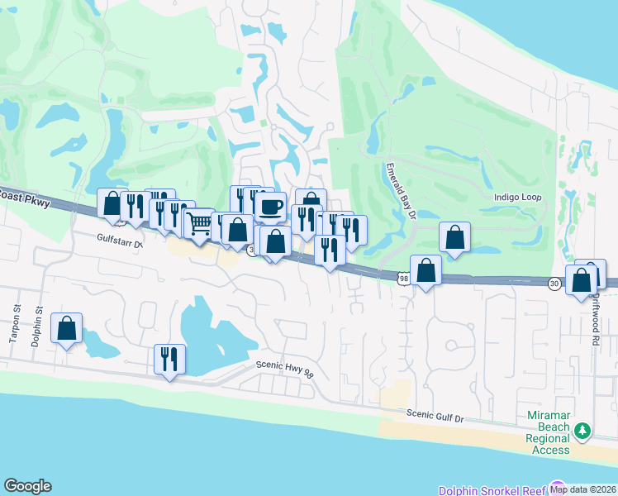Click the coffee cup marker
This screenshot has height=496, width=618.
coord(270,207)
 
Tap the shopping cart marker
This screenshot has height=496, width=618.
coord(199,222)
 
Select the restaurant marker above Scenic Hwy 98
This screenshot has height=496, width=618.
coord(169,359)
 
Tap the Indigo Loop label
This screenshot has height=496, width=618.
coord(516,198)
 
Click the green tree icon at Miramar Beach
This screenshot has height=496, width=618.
coord(582,430)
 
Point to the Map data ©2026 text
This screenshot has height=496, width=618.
coord(583,489)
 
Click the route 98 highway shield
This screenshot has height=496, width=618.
coord(402,279)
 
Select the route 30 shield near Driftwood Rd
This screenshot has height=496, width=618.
coord(554,284)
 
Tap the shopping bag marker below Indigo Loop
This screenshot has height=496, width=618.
coord(454,237)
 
